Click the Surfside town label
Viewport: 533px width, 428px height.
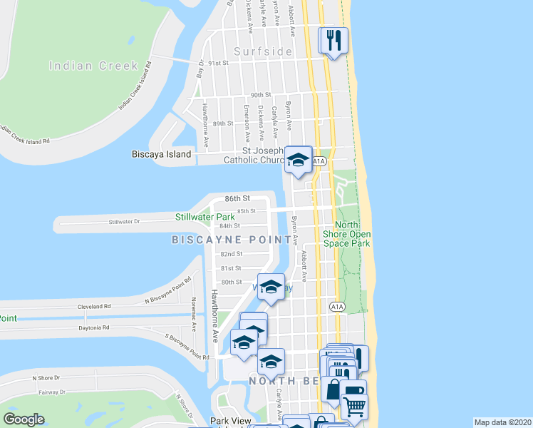pyautogui.click(x=262, y=51)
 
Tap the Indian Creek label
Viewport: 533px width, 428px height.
pyautogui.click(x=93, y=66)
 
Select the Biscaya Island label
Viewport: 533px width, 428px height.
pyautogui.click(x=162, y=154)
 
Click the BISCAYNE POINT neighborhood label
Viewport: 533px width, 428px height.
pyautogui.click(x=232, y=240)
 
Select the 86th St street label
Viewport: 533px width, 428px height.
pyautogui.click(x=237, y=198)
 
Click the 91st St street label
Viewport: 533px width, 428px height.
pyautogui.click(x=215, y=63)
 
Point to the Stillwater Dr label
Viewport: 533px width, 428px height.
pyautogui.click(x=125, y=222)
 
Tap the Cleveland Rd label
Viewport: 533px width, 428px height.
pyautogui.click(x=96, y=306)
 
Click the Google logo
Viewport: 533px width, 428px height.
pyautogui.click(x=24, y=419)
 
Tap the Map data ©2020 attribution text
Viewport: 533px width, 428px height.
pyautogui.click(x=502, y=422)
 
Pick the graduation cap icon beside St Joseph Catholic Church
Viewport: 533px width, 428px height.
pyautogui.click(x=298, y=159)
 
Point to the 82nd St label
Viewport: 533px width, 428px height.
pyautogui.click(x=232, y=254)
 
